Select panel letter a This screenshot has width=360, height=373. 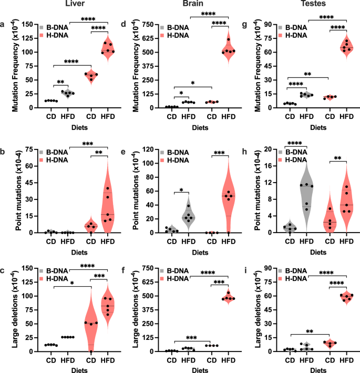coord(4,24)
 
